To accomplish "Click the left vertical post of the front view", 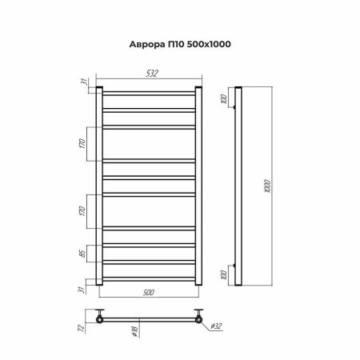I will tap(98, 185).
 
